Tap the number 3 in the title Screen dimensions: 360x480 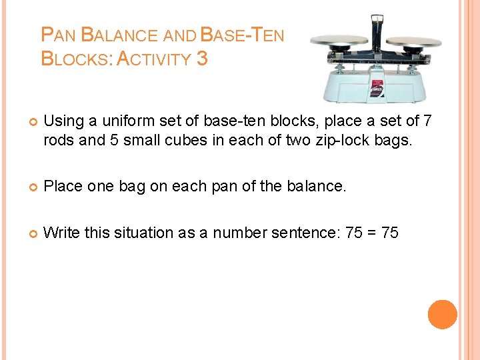(202, 59)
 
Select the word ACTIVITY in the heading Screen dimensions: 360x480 (154, 59)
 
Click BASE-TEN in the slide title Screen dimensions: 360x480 (242, 35)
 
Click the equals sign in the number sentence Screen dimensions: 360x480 (369, 233)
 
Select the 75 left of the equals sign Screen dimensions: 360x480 (351, 233)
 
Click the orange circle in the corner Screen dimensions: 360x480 (443, 315)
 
